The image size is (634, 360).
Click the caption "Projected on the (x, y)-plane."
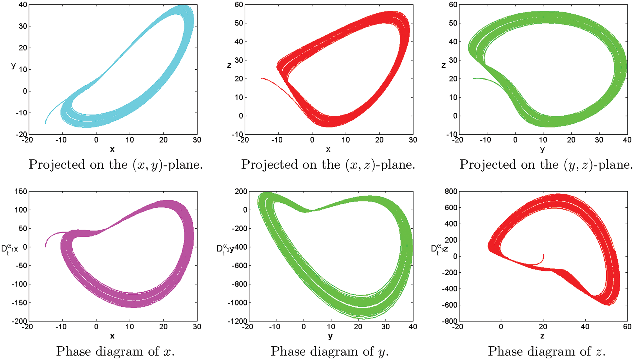pyautogui.click(x=116, y=164)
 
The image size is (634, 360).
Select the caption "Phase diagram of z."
pyautogui.click(x=547, y=351)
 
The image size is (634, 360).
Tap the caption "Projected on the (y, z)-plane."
pyautogui.click(x=546, y=164)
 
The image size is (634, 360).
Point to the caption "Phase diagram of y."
pyautogui.click(x=330, y=351)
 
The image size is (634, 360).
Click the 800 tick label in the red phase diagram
pyautogui.click(x=450, y=191)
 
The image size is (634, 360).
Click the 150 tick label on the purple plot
pyautogui.click(x=21, y=191)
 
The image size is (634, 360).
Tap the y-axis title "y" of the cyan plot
pyautogui.click(x=13, y=65)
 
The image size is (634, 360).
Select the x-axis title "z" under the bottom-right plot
pyautogui.click(x=542, y=336)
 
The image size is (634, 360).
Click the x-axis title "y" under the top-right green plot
pyautogui.click(x=542, y=149)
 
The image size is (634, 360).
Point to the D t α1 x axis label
pyautogui.click(x=9, y=249)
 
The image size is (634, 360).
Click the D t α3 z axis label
pyautogui.click(x=439, y=249)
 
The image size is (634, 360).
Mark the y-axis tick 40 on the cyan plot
pyautogui.click(x=23, y=5)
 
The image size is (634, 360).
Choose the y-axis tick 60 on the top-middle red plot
pyautogui.click(x=239, y=5)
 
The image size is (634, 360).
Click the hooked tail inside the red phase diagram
pyautogui.click(x=540, y=262)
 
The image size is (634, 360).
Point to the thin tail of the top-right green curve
pyautogui.click(x=487, y=79)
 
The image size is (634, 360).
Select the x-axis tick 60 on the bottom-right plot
pyautogui.click(x=627, y=327)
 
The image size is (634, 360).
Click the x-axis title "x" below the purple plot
pyautogui.click(x=112, y=336)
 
